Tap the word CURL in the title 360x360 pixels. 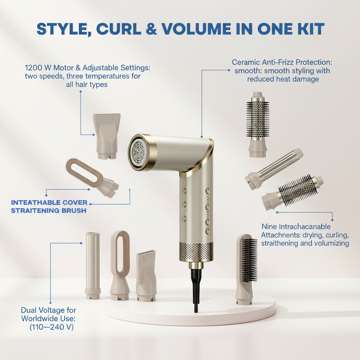point(118,29)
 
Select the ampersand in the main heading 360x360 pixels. point(151,29)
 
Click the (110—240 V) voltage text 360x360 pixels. point(51,327)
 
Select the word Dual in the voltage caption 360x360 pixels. point(28,310)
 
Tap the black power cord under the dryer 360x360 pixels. point(195,290)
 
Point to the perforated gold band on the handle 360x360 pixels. point(196,252)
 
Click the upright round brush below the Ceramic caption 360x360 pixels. point(257,124)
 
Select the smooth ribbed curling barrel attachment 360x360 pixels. point(274,169)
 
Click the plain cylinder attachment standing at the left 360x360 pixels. point(93,266)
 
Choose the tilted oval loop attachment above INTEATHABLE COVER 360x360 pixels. point(92,177)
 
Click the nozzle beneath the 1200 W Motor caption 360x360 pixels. point(107,136)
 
